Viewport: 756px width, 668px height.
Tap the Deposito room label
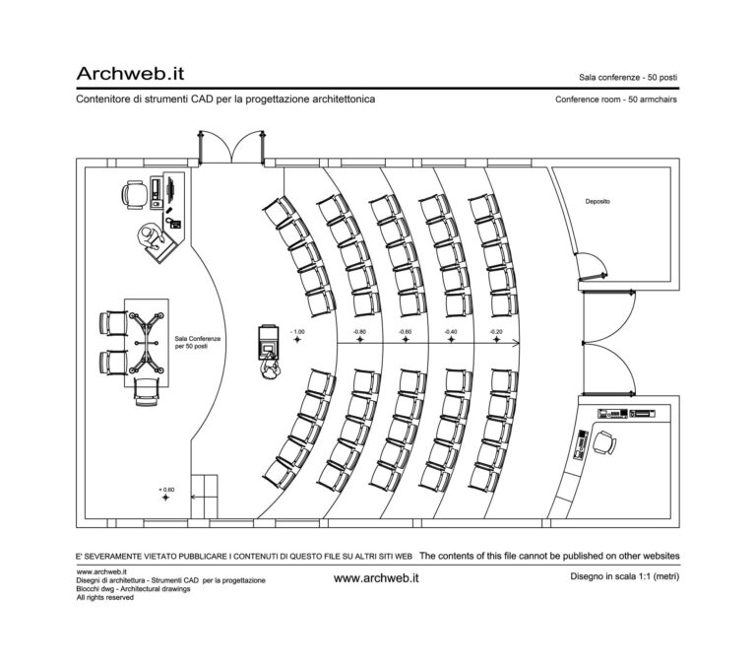598,201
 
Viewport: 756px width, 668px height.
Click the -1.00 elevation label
297,332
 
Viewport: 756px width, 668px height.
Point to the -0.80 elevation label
359,332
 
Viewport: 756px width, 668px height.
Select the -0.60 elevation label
405,332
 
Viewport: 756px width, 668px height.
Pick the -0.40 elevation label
451,332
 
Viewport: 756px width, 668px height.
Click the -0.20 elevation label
497,332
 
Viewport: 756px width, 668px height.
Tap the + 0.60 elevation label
165,490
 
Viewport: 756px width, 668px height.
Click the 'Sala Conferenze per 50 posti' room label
197,342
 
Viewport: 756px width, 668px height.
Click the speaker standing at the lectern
268,367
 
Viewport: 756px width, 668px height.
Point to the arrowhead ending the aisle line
516,343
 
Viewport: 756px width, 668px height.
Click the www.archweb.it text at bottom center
377,578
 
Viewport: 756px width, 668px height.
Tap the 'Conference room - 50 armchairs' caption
616,100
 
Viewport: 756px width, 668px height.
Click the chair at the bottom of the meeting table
145,391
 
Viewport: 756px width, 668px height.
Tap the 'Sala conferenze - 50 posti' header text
628,77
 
